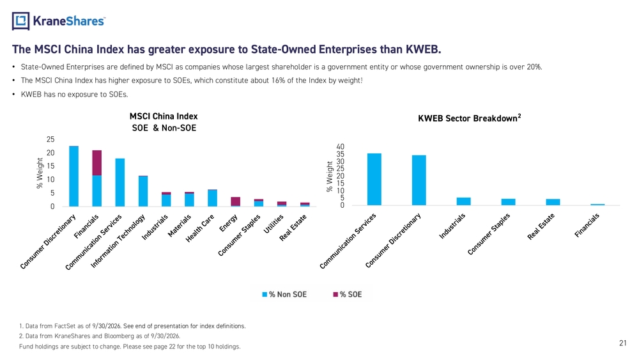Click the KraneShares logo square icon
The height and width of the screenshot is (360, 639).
21,21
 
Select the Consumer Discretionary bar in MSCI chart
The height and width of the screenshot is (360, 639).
73,176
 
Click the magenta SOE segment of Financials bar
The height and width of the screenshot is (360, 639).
97,163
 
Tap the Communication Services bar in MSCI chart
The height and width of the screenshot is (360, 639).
120,183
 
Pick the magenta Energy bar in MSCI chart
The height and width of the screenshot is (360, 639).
236,201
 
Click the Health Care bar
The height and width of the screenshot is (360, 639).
212,198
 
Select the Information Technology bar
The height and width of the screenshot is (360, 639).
143,191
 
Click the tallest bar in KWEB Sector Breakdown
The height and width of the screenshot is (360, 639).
374,180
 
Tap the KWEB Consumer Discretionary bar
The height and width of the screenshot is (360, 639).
419,180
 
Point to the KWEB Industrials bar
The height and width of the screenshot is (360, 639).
464,201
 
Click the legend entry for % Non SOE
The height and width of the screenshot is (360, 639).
284,294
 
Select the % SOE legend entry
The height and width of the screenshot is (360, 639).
348,294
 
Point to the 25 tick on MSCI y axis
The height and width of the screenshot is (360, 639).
50,139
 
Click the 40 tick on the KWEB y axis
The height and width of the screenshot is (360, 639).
341,147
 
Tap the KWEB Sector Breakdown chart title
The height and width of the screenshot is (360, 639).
470,118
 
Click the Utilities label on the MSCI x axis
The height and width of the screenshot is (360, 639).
273,224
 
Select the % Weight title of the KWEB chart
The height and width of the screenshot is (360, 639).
330,176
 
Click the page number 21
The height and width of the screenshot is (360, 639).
622,343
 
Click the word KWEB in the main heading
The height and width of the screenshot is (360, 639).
424,49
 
